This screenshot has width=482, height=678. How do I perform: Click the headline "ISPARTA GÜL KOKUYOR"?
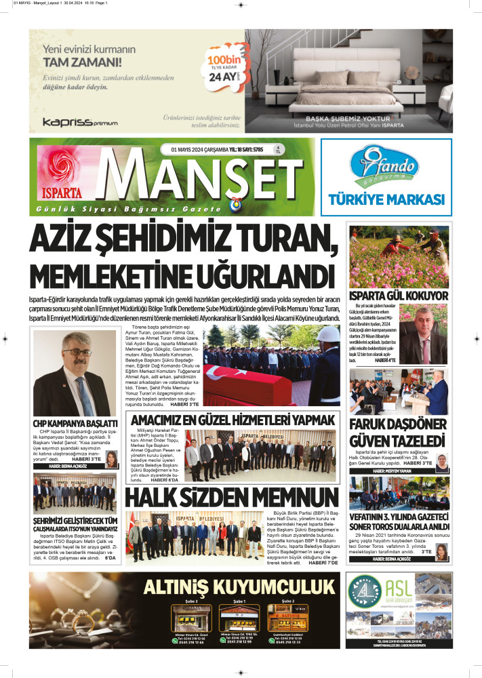(398, 296)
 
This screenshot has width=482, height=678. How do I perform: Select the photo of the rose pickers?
(398, 256)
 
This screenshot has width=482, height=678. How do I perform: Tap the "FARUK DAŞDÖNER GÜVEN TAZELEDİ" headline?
(398, 432)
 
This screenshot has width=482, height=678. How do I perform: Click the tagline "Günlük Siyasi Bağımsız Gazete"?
(128, 211)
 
